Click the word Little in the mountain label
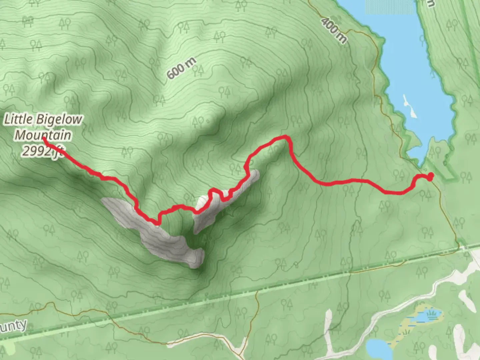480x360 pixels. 19,119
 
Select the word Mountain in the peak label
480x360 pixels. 43,135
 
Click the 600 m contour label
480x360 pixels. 181,68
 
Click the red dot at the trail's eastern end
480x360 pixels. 430,176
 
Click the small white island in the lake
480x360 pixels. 410,106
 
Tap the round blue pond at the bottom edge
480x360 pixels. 379,348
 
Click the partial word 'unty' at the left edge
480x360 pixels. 13,326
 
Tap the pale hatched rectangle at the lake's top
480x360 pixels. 390,7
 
